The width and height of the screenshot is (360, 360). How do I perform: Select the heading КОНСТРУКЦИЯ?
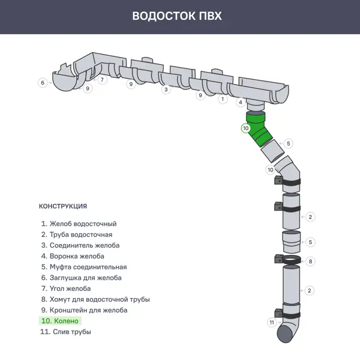click(63, 206)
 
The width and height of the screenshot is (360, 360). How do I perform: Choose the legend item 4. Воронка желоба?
click(73, 256)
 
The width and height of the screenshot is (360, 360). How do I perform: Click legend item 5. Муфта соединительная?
click(83, 267)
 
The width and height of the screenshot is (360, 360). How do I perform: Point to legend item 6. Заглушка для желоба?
click(81, 278)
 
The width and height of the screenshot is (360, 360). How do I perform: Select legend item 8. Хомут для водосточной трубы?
click(95, 299)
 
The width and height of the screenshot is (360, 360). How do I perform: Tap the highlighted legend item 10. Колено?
click(59, 321)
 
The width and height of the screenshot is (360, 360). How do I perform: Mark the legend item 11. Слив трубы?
click(65, 332)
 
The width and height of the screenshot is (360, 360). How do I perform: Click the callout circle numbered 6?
click(42, 83)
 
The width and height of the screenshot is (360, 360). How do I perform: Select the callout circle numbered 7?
click(103, 79)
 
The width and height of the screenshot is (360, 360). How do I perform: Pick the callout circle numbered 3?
click(166, 89)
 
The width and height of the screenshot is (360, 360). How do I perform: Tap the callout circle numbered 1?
click(222, 98)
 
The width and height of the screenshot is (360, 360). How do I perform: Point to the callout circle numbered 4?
click(240, 103)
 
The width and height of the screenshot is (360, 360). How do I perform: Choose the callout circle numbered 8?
click(310, 261)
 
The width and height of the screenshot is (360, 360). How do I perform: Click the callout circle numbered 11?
click(271, 323)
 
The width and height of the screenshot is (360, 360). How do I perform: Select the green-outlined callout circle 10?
click(245, 128)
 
